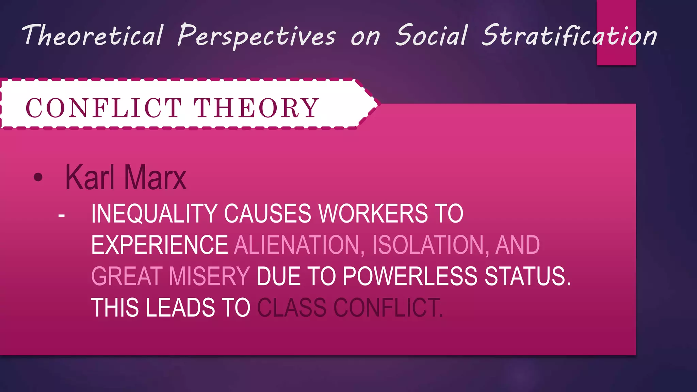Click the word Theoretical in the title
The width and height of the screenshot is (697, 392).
pos(93,35)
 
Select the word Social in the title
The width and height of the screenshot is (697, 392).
pos(431,35)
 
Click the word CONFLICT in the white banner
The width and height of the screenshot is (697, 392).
pos(104,108)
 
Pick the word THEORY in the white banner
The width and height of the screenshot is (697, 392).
pos(257,108)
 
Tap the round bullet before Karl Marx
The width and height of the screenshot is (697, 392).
pos(38,177)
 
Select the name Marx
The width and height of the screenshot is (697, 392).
pos(155,177)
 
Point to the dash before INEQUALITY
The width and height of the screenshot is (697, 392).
pos(62,215)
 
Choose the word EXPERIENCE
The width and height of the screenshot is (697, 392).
pos(160,245)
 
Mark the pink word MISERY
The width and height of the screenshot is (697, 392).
pos(209,276)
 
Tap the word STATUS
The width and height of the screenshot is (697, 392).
pos(528,276)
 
